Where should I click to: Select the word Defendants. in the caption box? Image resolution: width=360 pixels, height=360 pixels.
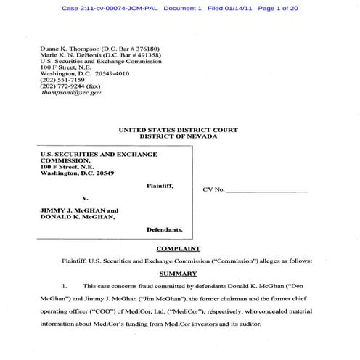point(165,229)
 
